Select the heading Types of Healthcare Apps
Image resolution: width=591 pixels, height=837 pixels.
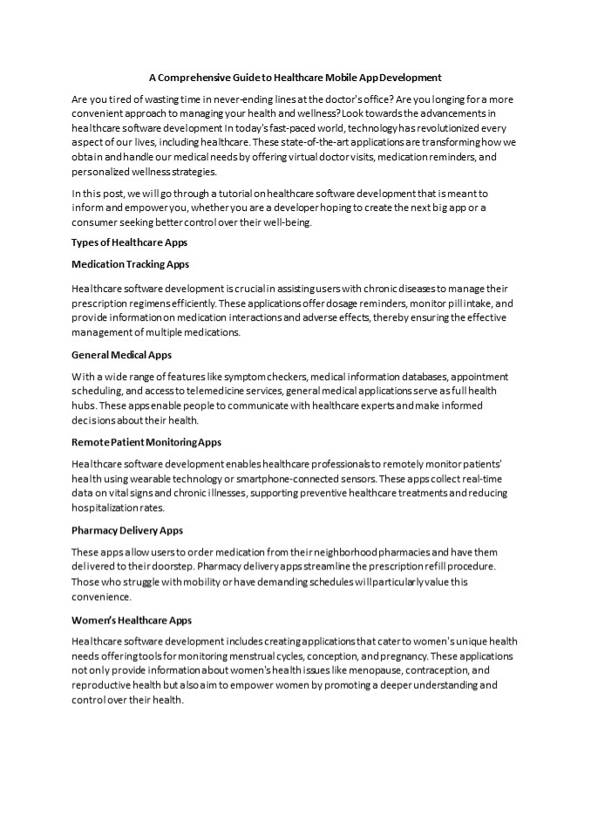[x=129, y=242]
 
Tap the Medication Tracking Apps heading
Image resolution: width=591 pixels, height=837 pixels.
[x=130, y=263]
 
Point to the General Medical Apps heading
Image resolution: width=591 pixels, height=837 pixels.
[x=121, y=355]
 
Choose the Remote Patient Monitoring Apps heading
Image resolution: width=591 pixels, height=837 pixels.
[x=146, y=442]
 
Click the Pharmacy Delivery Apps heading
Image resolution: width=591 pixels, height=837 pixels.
[x=126, y=530]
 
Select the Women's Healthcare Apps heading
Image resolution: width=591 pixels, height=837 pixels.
[x=131, y=620]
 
